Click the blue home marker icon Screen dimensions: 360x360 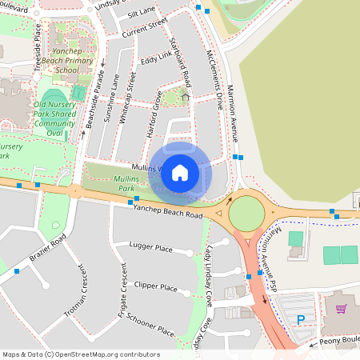click(x=180, y=171)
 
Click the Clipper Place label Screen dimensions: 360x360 click(x=156, y=286)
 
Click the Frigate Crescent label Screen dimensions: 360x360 click(x=123, y=292)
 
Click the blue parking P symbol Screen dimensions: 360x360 click(x=301, y=320)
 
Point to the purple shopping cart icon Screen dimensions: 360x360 click(x=342, y=309)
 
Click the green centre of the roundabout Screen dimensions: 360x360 click(x=246, y=214)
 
